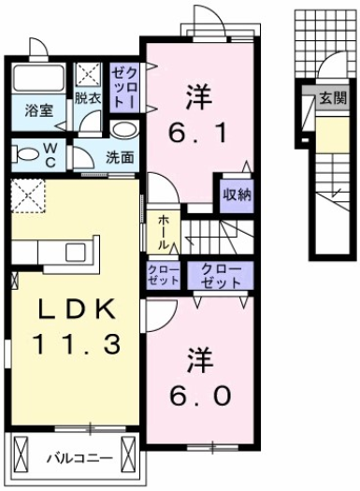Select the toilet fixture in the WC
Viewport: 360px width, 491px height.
tap(30, 152)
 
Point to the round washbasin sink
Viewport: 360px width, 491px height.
tap(123, 130)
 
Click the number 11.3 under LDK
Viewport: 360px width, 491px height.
tap(75, 345)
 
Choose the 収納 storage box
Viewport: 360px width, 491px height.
tap(235, 195)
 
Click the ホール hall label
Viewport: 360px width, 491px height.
tap(164, 231)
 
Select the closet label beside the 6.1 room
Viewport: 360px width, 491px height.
tap(124, 85)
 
